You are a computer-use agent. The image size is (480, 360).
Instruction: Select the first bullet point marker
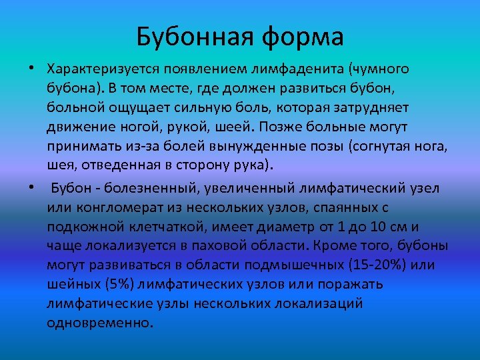click(x=31, y=69)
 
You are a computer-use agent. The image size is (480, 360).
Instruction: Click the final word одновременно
click(x=100, y=323)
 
